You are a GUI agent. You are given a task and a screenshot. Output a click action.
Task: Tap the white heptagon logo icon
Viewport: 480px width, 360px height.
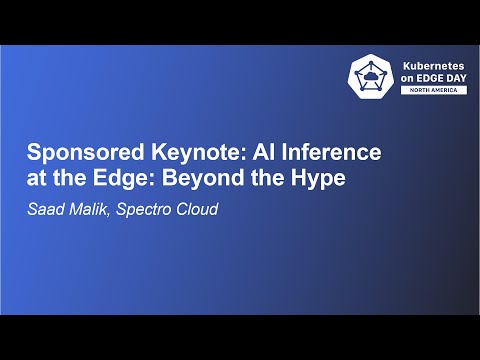(370, 76)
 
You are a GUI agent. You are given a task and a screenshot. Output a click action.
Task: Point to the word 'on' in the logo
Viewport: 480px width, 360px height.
(407, 76)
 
